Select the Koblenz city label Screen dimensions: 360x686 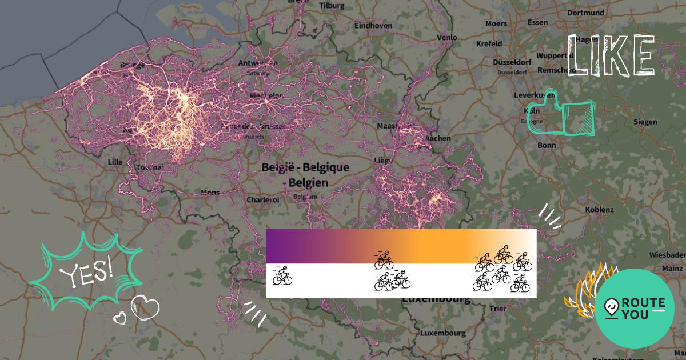coord(599,210)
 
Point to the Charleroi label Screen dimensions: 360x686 coord(262,200)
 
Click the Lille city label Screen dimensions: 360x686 coord(115,162)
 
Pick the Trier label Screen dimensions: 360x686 coord(498,309)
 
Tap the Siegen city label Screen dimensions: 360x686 coord(645,122)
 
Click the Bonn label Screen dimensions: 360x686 coord(547,145)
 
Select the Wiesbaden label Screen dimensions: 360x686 coord(667,254)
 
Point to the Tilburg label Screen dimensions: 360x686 coord(332,5)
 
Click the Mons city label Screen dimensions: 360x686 coord(210,193)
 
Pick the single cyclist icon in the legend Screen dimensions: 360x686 coord(282,276)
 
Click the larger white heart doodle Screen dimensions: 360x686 coord(145,308)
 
